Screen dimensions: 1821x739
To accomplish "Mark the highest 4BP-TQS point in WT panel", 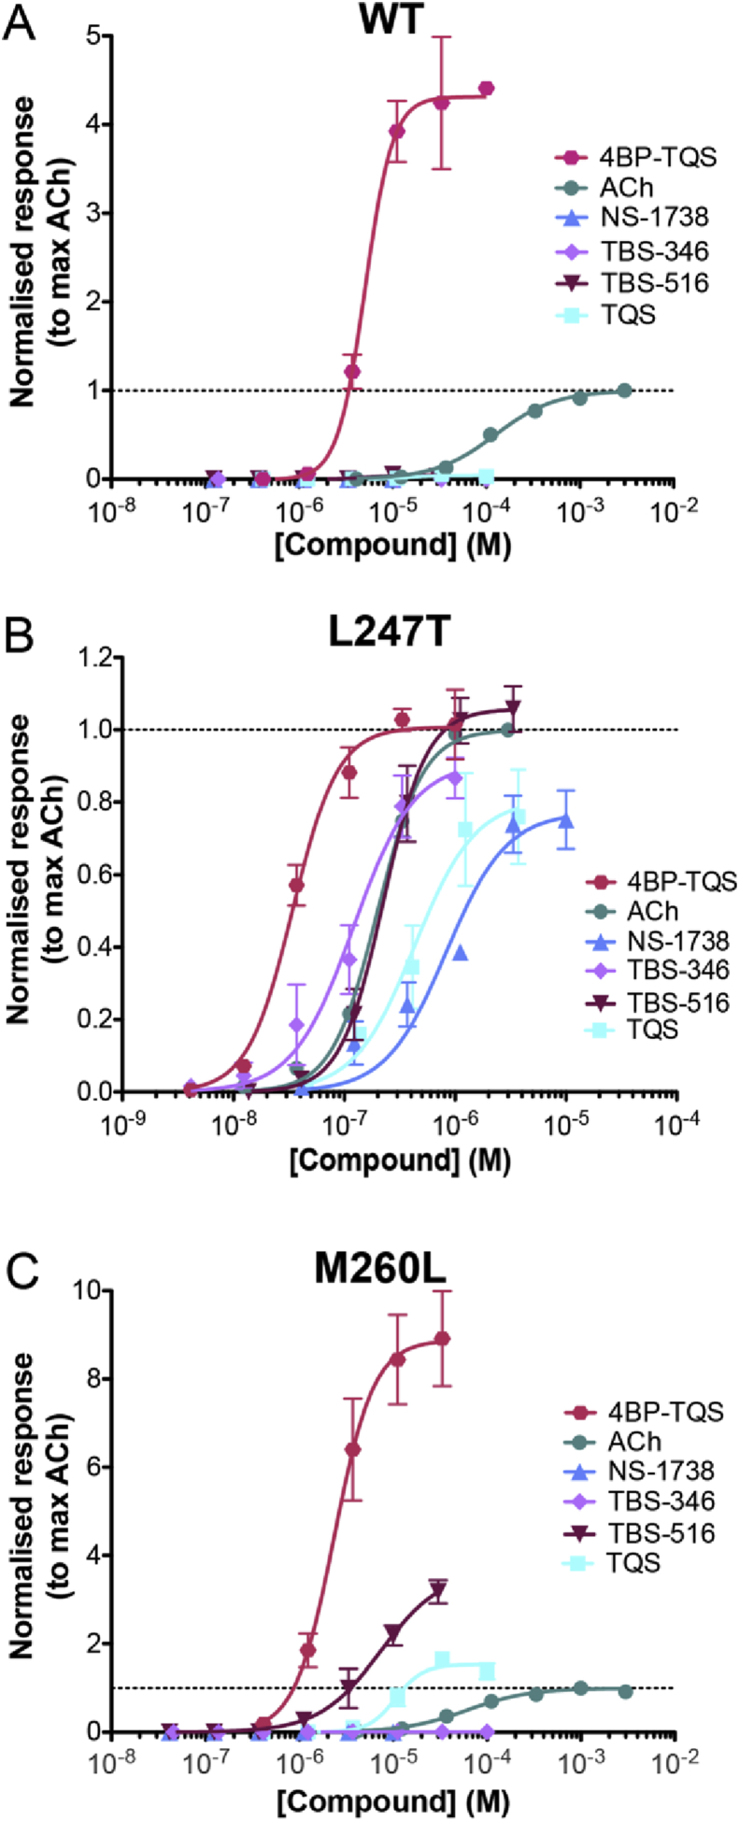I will point(486,89).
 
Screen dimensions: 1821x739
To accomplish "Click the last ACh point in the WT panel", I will point(624,391).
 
